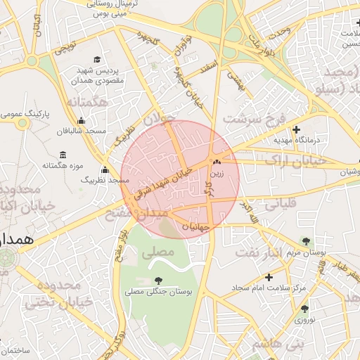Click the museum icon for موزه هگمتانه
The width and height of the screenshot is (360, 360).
(x=63, y=155)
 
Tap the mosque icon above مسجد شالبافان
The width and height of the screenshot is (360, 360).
(x=82, y=120)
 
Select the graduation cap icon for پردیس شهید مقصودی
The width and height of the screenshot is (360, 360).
(x=97, y=60)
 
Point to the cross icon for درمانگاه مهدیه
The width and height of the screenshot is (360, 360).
(x=296, y=130)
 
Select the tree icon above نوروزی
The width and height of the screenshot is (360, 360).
(x=304, y=309)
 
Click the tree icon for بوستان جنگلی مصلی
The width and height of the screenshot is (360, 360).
(x=156, y=281)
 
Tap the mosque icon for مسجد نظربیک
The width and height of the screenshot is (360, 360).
(x=105, y=169)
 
